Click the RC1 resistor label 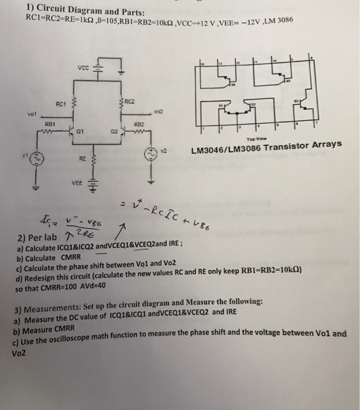coord(59,104)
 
